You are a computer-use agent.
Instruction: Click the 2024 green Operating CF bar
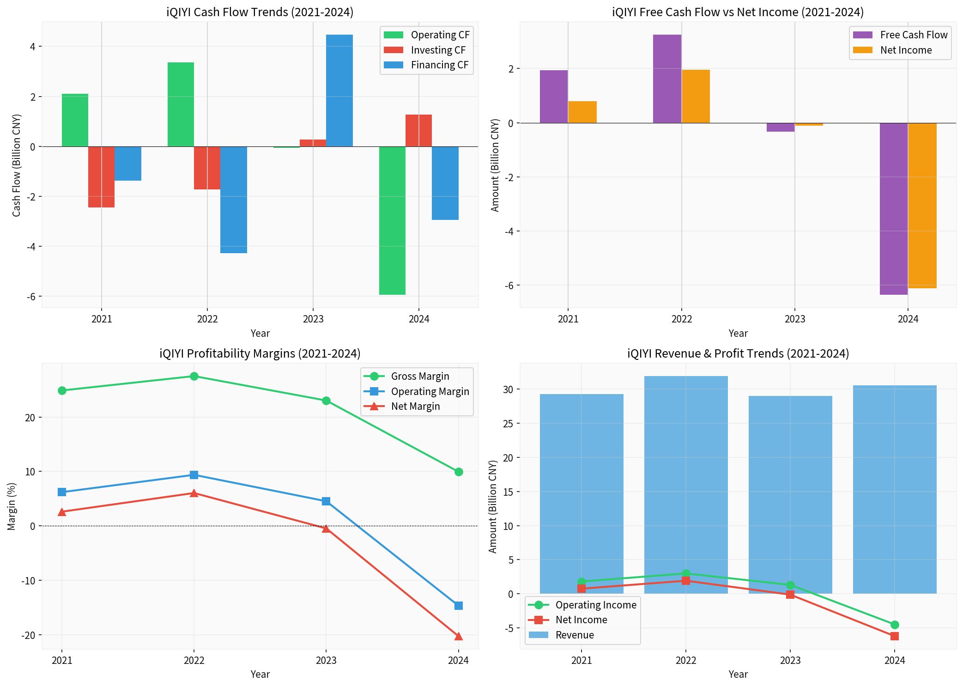pyautogui.click(x=392, y=220)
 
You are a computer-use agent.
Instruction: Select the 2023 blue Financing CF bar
pyautogui.click(x=339, y=91)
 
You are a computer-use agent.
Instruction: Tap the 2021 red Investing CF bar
pyautogui.click(x=101, y=177)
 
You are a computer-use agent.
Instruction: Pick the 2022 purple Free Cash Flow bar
pyautogui.click(x=667, y=79)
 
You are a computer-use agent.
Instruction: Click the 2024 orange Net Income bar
pyautogui.click(x=922, y=206)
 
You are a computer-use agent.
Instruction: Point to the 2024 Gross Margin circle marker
pyautogui.click(x=459, y=472)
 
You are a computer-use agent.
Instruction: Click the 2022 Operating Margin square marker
pyautogui.click(x=194, y=475)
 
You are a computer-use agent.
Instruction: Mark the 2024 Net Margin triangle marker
pyautogui.click(x=459, y=636)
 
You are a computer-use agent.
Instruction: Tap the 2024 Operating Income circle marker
pyautogui.click(x=895, y=625)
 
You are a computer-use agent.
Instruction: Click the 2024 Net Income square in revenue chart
pyautogui.click(x=895, y=636)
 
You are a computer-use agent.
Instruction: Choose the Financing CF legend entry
pyautogui.click(x=439, y=65)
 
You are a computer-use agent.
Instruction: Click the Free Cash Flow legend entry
pyautogui.click(x=913, y=35)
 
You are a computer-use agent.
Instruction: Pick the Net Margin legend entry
pyautogui.click(x=415, y=407)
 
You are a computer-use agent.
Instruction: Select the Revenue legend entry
pyautogui.click(x=574, y=635)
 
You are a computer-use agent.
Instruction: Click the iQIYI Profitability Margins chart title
pyautogui.click(x=260, y=353)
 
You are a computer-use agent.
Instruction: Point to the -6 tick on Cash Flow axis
pyautogui.click(x=31, y=297)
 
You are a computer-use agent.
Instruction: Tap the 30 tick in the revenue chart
pyautogui.click(x=508, y=389)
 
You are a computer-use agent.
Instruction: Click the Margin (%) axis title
pyautogui.click(x=12, y=506)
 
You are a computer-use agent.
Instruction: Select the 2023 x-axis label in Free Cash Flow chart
pyautogui.click(x=795, y=319)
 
